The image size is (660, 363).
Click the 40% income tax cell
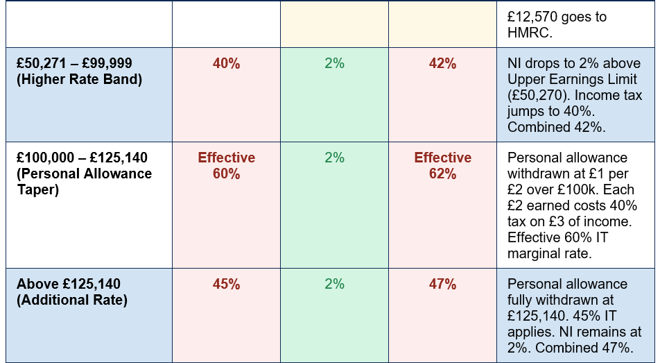pos(227,64)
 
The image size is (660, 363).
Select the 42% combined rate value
pos(442,64)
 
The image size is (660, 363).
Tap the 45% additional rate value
pos(227,284)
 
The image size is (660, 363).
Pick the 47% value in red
pos(442,284)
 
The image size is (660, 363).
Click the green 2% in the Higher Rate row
pos(335,64)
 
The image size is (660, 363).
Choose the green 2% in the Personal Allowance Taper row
pos(335,158)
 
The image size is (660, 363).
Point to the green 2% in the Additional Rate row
pos(335,284)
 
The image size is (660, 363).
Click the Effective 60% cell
pos(227,166)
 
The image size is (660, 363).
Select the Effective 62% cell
pos(442,166)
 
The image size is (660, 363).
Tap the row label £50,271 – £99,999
pos(74,63)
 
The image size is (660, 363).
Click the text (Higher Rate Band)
pos(79,79)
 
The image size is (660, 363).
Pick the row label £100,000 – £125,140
pos(82,158)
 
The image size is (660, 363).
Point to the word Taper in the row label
pos(38,189)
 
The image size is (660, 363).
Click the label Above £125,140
pos(69,284)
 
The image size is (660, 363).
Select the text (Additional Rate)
pos(72,300)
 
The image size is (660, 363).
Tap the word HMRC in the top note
pos(530,33)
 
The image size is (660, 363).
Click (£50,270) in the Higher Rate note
pos(539,95)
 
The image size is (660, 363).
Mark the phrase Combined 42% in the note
pos(557,127)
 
